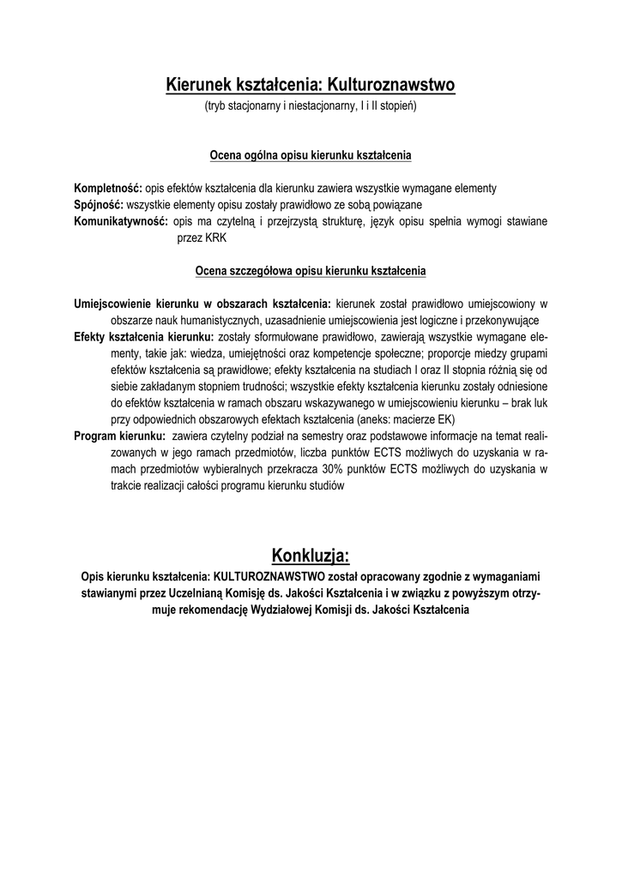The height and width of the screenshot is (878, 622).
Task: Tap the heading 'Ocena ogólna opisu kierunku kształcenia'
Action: click(311, 156)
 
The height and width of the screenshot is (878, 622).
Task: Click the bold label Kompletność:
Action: click(108, 188)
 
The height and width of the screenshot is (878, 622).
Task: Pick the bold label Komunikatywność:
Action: click(120, 221)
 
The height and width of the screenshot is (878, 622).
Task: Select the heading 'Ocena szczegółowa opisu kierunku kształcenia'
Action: click(311, 271)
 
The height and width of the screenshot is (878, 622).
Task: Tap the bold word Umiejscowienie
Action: click(112, 303)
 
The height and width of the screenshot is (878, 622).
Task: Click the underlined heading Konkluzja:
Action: click(311, 550)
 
